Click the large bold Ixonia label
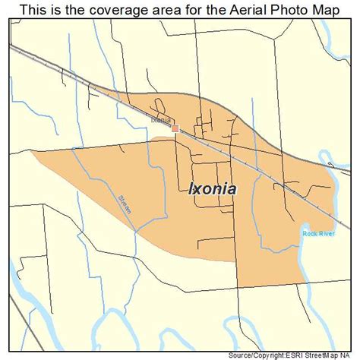tap(212, 189)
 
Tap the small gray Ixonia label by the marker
tap(161, 120)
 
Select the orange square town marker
tap(175, 129)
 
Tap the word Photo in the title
tap(289, 10)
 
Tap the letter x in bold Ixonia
tap(196, 190)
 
